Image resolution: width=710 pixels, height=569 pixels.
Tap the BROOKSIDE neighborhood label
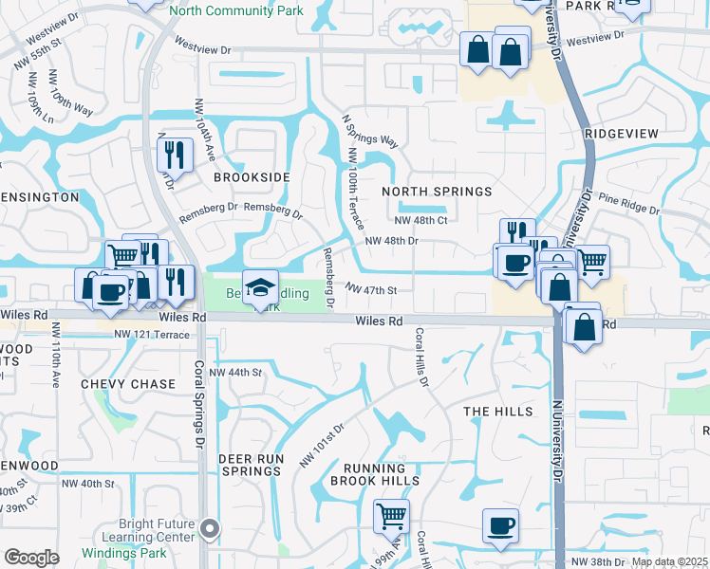pyautogui.click(x=251, y=177)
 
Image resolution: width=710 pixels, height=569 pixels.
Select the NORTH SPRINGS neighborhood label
pyautogui.click(x=437, y=192)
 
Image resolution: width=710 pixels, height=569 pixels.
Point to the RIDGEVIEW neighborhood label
pyautogui.click(x=621, y=134)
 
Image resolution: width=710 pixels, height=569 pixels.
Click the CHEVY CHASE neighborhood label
pyautogui.click(x=128, y=384)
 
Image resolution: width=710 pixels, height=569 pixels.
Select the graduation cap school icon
pyautogui.click(x=260, y=287)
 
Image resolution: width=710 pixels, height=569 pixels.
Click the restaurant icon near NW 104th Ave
pyautogui.click(x=175, y=154)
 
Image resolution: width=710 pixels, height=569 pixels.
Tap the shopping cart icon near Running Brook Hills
pyautogui.click(x=391, y=516)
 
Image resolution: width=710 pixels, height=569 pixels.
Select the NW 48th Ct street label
pyautogui.click(x=420, y=220)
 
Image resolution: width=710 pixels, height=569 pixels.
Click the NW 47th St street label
pyautogui.click(x=369, y=288)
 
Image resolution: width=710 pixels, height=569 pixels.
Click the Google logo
pyautogui.click(x=31, y=558)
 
